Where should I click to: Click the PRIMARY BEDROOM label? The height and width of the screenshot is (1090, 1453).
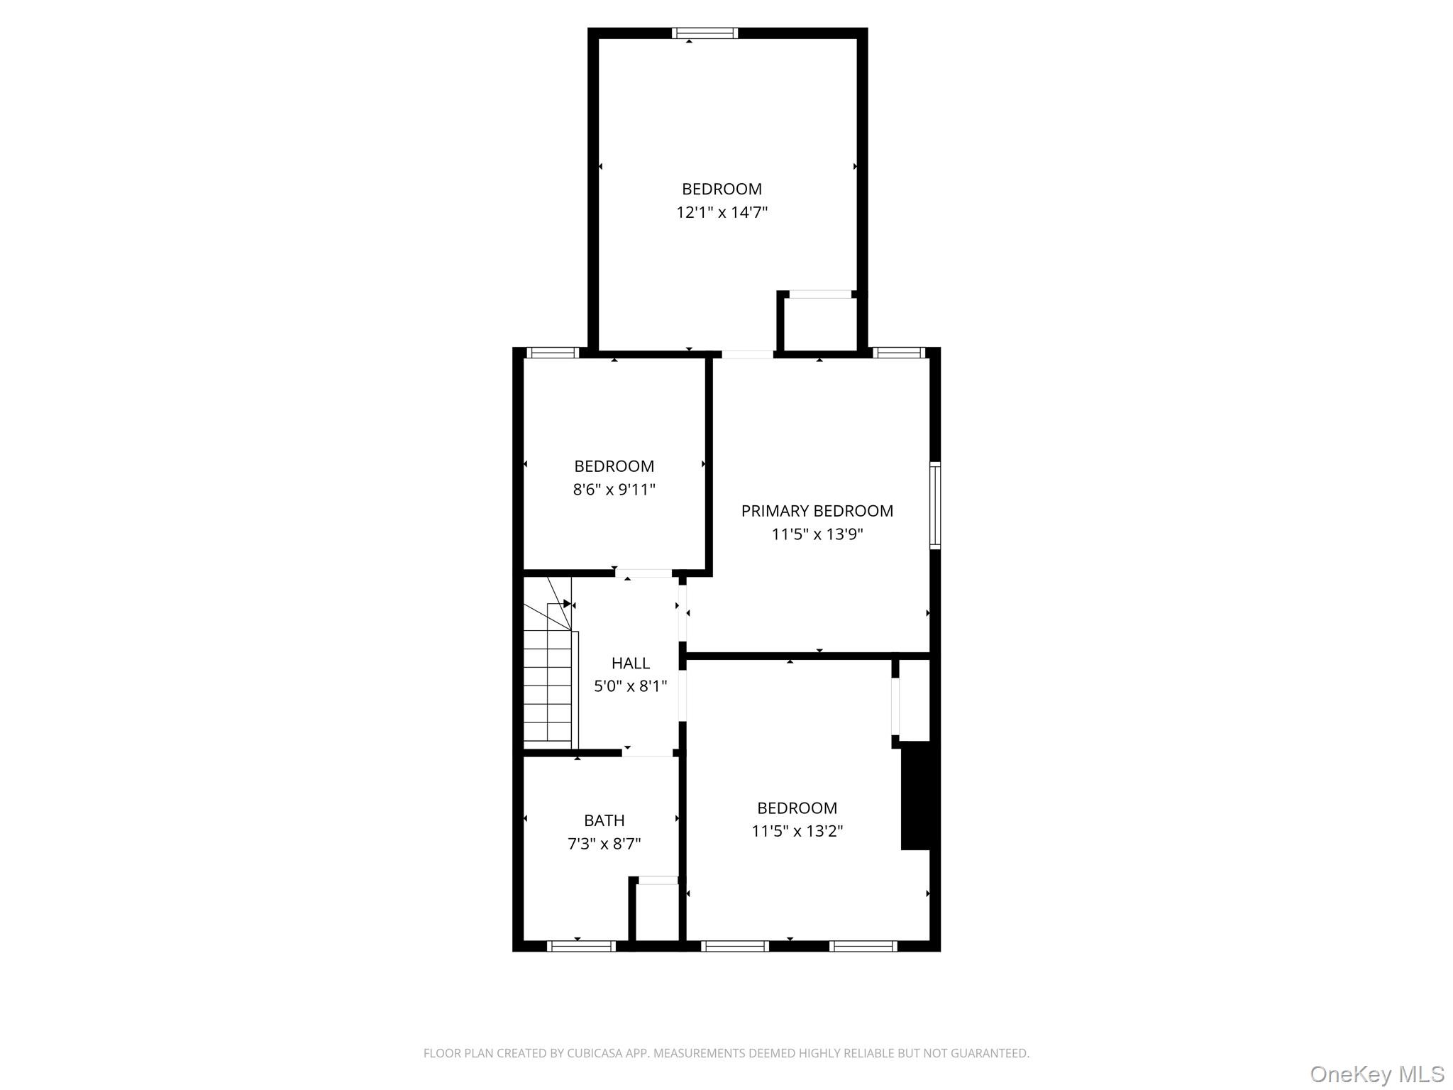(x=817, y=511)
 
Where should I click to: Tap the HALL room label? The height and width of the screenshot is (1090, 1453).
(x=630, y=663)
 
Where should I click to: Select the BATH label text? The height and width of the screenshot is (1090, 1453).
(x=604, y=820)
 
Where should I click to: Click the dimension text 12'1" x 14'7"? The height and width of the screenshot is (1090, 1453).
(x=722, y=212)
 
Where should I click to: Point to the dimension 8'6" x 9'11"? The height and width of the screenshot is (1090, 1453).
(x=614, y=490)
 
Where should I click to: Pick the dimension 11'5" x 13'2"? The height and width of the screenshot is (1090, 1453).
(x=797, y=831)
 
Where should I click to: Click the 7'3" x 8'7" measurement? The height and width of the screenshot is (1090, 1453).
(x=604, y=844)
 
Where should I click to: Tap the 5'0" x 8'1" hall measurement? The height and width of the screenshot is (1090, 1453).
(x=630, y=686)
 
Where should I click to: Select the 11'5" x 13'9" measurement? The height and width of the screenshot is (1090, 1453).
(x=817, y=534)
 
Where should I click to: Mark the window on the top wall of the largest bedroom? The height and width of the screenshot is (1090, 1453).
(x=705, y=33)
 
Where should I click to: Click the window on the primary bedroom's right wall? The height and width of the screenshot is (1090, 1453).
(x=935, y=505)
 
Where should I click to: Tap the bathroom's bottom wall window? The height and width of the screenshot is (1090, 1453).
(x=581, y=946)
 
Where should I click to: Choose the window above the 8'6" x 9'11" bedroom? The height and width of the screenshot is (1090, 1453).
(x=553, y=353)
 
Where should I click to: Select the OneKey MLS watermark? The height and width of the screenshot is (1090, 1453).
(x=1376, y=1074)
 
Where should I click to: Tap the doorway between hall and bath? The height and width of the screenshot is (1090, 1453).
(x=647, y=752)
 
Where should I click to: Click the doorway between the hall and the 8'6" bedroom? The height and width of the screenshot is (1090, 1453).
(x=643, y=573)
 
